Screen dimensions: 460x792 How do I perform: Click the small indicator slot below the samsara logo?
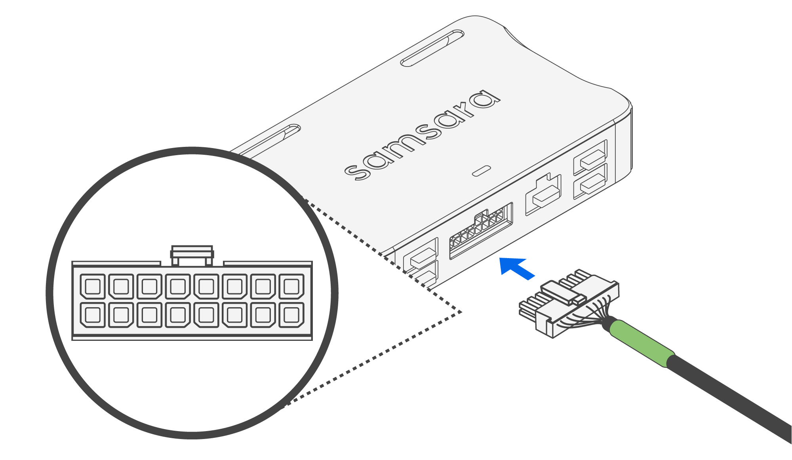(482, 171)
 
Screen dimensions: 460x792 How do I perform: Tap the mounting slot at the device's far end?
(432, 48)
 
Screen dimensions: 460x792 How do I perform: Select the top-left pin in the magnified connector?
(93, 286)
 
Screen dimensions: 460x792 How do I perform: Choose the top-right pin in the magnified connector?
(291, 286)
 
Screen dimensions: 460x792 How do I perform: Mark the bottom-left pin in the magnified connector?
(93, 315)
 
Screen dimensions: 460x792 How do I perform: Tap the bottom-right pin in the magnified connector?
(291, 315)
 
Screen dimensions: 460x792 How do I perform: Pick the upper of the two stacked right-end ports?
(590, 158)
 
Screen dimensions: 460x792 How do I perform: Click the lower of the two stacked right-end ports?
(590, 182)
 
